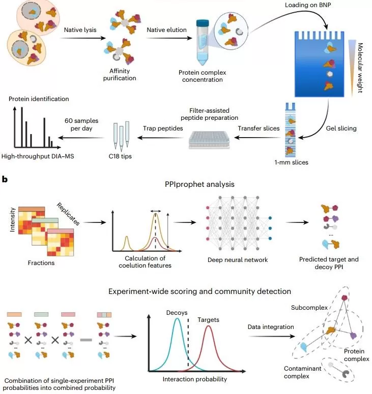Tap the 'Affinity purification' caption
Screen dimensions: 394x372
123,75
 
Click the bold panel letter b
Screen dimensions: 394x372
5,179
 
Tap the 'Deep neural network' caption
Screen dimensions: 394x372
238,260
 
